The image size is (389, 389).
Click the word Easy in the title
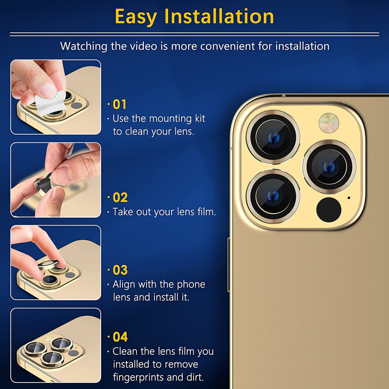point(135,17)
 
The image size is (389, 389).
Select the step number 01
point(119,104)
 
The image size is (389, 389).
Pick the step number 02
point(120,198)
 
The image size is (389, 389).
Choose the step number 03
point(120,270)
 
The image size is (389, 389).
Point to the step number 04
point(120,337)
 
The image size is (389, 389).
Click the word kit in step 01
point(200,118)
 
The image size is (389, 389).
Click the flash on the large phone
point(329,123)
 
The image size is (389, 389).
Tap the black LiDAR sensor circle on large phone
point(329,210)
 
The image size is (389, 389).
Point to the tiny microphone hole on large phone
point(349,198)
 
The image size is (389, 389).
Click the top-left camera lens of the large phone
point(273,137)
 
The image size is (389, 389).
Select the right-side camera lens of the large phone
point(329,167)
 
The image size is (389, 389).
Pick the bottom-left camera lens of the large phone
point(273,196)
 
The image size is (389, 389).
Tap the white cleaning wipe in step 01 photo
point(50,102)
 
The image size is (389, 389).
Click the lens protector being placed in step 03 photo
point(49,265)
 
